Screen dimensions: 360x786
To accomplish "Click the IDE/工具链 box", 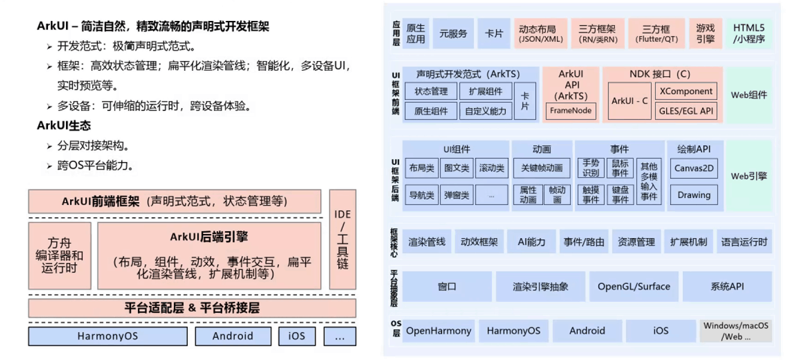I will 343,240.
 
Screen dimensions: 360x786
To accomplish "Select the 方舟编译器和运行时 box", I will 59,256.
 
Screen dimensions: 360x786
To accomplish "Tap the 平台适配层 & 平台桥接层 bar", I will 192,308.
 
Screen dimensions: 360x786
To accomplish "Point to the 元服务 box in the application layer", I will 453,34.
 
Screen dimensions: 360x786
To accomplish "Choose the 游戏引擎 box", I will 706,34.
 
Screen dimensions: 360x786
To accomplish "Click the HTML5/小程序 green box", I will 749,34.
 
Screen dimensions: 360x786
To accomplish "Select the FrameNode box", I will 571,110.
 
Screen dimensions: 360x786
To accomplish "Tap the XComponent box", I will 686,91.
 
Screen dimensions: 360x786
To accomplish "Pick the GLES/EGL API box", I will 686,111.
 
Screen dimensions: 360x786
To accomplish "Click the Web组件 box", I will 749,95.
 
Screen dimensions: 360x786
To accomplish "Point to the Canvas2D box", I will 694,169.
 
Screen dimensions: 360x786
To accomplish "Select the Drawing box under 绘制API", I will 694,195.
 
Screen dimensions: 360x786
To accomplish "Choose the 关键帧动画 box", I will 542,169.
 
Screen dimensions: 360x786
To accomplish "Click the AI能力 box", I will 532,242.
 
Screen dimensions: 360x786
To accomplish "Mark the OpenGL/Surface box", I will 633,287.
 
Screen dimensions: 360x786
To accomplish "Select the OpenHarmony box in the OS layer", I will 439,331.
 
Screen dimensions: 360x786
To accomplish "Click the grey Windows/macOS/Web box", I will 736,331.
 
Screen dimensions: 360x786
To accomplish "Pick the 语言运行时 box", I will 744,242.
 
